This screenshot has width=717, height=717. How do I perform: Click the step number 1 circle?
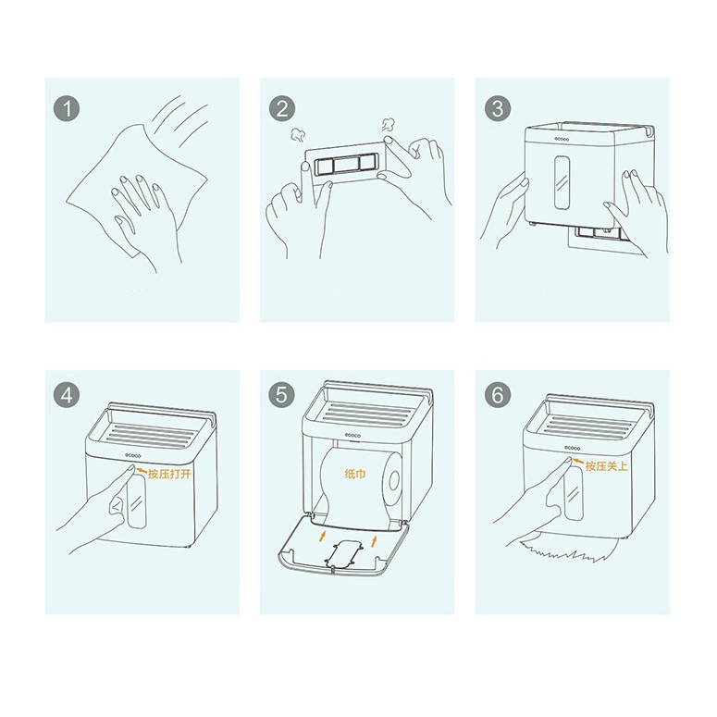tap(67, 109)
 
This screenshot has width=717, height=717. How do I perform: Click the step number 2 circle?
tap(281, 109)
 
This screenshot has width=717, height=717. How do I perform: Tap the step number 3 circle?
tap(498, 108)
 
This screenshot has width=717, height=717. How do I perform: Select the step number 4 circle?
tap(67, 395)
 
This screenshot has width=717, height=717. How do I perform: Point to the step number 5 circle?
tap(281, 395)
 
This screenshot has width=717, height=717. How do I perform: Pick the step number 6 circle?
tap(498, 395)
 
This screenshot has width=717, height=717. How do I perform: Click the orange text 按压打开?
tap(169, 474)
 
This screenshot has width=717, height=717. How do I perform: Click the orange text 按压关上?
tap(607, 466)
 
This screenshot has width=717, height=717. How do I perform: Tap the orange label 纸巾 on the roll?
tap(355, 474)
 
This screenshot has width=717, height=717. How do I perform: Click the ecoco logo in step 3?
tap(562, 139)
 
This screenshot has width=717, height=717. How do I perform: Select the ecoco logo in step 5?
tap(352, 435)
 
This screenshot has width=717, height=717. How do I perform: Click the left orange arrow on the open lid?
tap(323, 536)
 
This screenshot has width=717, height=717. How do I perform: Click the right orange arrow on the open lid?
tap(374, 540)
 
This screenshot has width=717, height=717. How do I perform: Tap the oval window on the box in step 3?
tap(562, 183)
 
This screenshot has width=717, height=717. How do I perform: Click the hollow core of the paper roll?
tap(394, 480)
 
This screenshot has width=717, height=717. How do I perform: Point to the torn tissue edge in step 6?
tap(566, 550)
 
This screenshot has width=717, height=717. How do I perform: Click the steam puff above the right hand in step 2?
tap(389, 125)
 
